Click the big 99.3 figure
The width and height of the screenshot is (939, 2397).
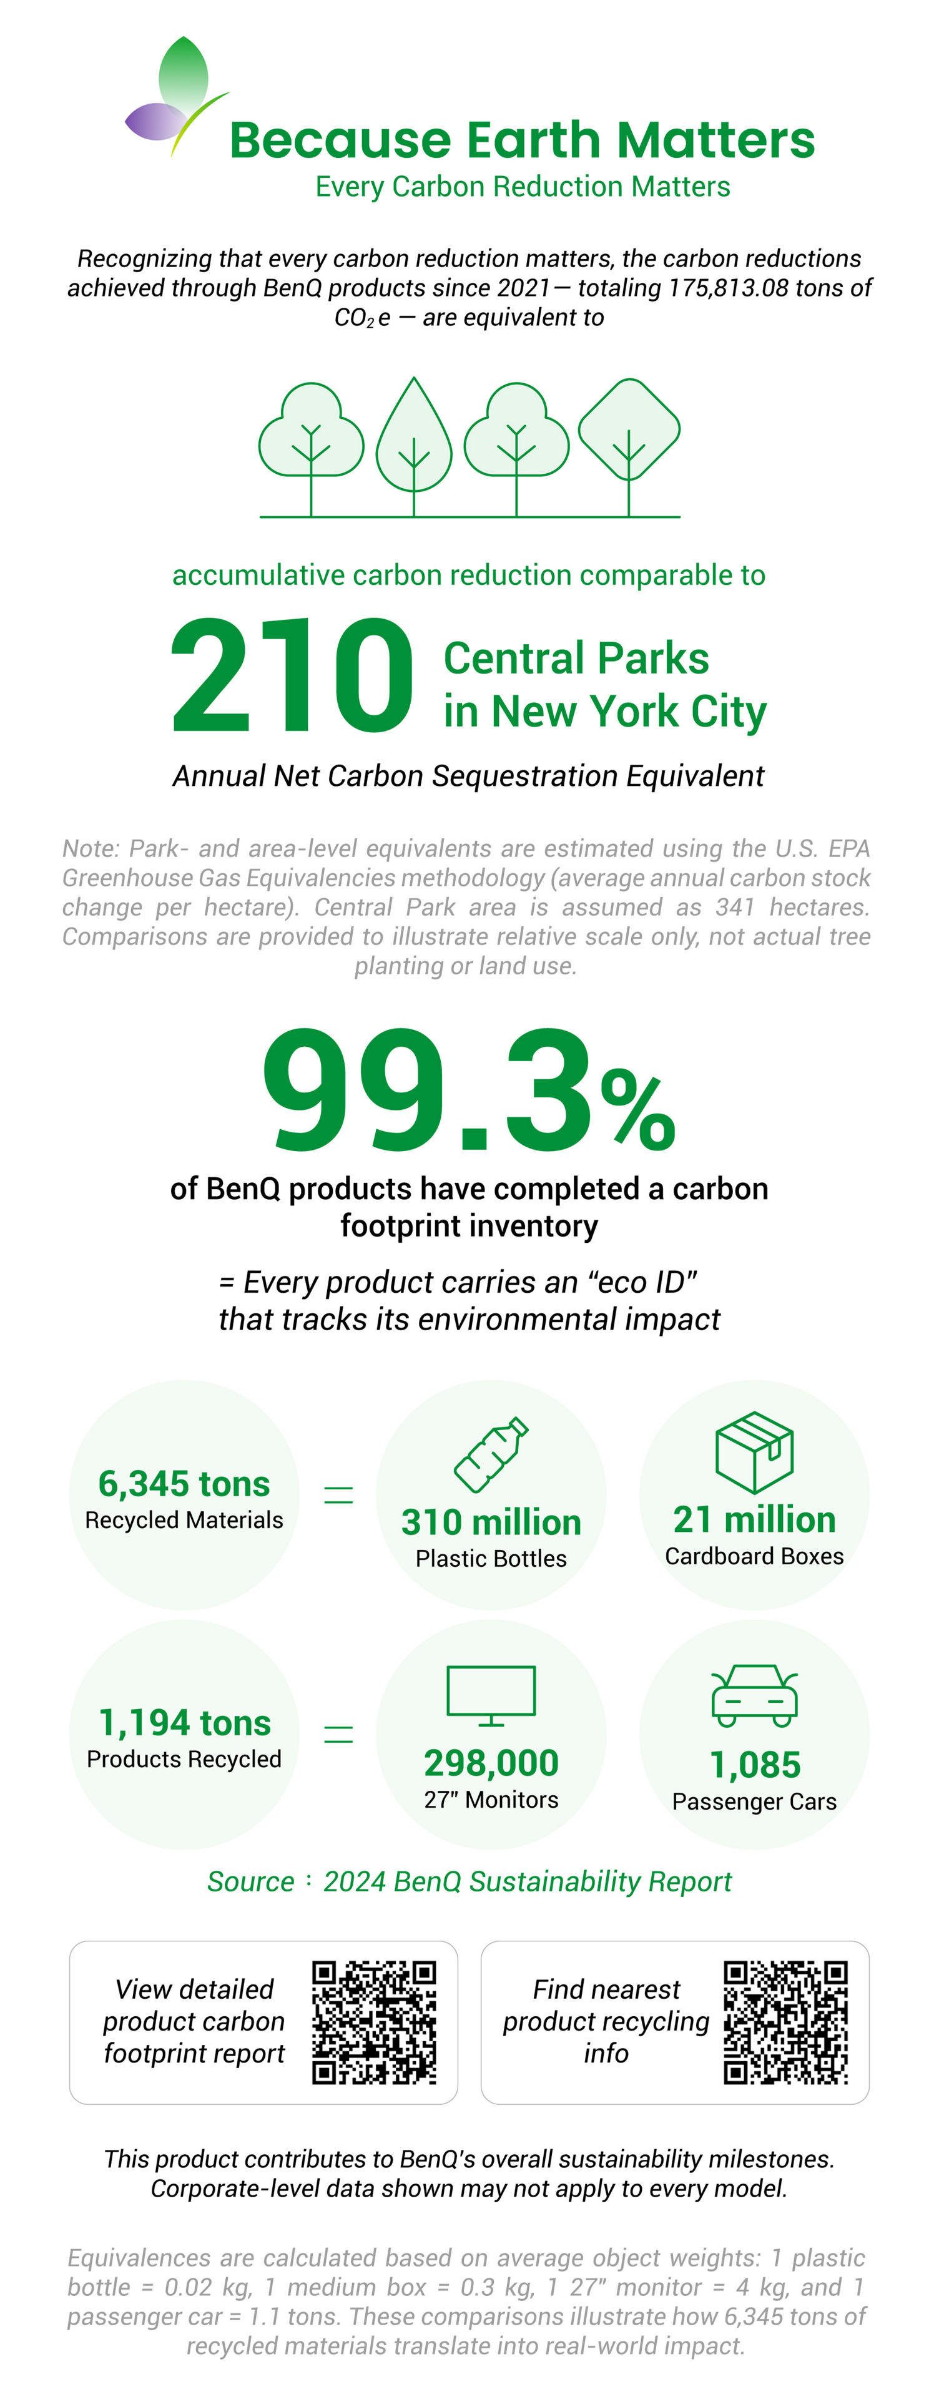(x=427, y=1088)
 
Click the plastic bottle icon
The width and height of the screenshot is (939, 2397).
(x=491, y=1454)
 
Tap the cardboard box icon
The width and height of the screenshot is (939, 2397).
(x=754, y=1451)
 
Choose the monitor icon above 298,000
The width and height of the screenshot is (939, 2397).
(x=491, y=1695)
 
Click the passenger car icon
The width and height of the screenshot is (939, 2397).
(x=754, y=1695)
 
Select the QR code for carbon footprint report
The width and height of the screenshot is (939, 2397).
(x=374, y=2021)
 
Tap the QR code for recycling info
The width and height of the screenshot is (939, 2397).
(x=785, y=2021)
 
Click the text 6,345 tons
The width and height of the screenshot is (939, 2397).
(x=184, y=1483)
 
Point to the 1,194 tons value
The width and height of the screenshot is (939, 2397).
(x=184, y=1722)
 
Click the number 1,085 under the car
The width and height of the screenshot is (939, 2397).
(x=755, y=1764)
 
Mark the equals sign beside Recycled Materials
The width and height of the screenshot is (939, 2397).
(x=338, y=1494)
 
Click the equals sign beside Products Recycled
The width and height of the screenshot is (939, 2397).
(x=338, y=1733)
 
